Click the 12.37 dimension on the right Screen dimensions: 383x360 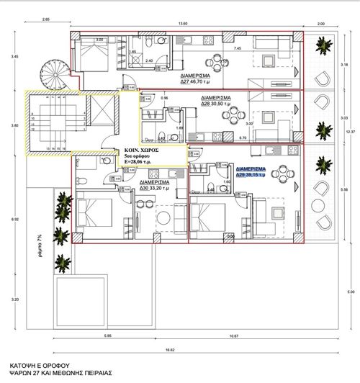tap(351, 131)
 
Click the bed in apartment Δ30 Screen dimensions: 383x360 tap(95, 212)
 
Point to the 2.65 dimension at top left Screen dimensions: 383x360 tap(46, 19)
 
